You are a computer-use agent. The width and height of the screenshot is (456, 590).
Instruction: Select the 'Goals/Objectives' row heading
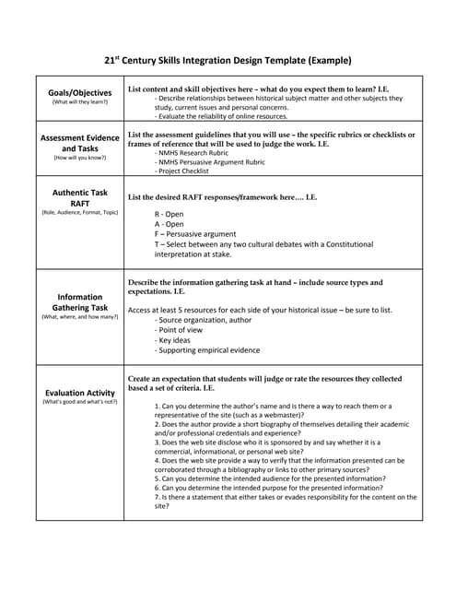[79, 92]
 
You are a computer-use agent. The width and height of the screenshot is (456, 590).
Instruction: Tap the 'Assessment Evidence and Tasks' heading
[79, 142]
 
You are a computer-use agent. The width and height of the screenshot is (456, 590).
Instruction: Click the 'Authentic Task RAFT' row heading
[79, 197]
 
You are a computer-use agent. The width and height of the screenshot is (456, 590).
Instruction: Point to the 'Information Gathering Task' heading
[79, 302]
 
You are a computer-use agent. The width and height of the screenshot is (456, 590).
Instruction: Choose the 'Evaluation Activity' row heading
[79, 393]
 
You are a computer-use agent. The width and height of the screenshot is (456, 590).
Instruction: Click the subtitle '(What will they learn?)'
[79, 102]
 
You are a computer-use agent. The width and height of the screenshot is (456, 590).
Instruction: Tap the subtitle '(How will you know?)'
[79, 158]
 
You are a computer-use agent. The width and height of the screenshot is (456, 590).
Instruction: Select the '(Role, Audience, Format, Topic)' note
[79, 213]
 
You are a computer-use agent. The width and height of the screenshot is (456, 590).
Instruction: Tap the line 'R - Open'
[169, 214]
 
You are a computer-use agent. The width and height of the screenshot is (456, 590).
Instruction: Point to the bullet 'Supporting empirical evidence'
[207, 350]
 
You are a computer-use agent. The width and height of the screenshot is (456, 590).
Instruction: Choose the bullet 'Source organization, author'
[204, 320]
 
